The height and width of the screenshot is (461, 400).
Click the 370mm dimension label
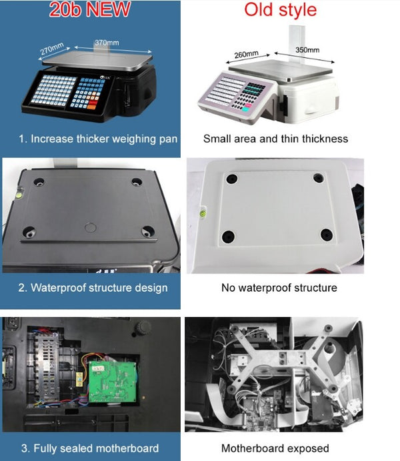pos(107,43)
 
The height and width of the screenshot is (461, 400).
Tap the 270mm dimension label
pos(52,49)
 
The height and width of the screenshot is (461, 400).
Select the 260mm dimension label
pos(247,55)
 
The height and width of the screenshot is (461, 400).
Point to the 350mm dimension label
pos(307,50)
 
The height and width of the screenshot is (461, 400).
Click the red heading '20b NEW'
pos(90,9)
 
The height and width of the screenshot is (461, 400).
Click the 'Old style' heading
pos(280,10)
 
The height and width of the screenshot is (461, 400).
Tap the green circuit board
pos(113,381)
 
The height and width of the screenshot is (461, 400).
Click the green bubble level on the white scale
pos(203,212)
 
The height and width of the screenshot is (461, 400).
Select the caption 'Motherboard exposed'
pos(275,448)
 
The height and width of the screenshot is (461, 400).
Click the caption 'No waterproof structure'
pos(279,288)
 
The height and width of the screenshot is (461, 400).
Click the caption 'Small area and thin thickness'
pos(275,139)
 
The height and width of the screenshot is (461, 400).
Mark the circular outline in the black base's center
pos(90,228)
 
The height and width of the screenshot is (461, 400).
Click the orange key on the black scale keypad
pos(91,107)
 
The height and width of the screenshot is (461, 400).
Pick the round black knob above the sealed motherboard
pos(143,326)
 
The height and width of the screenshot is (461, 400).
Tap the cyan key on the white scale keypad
pos(246,110)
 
